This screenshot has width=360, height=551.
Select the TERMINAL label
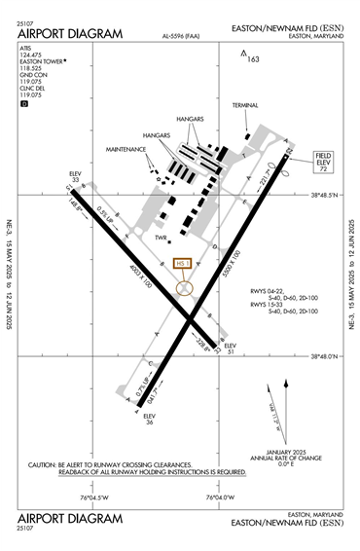[x=246, y=105]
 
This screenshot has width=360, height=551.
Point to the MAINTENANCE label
[x=127, y=150]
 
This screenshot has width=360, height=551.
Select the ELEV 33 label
[x=76, y=176]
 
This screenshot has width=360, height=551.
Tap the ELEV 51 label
[x=231, y=349]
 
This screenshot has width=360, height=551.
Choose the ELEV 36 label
[x=149, y=419]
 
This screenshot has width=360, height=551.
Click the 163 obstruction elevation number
[x=254, y=59]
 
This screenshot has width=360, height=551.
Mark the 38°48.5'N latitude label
[x=324, y=196]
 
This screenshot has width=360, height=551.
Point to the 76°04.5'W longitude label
[x=98, y=497]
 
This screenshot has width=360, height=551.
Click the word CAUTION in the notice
[x=43, y=464]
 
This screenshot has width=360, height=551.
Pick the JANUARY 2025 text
[x=271, y=452]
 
